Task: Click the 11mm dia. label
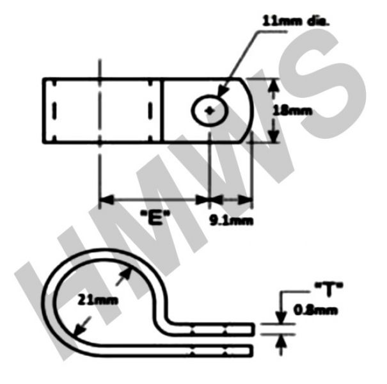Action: (296, 22)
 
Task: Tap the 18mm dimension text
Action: (292, 111)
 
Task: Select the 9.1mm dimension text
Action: (232, 220)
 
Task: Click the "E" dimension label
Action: (155, 218)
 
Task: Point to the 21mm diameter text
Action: (98, 300)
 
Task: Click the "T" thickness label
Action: (329, 289)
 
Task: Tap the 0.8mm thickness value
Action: (315, 310)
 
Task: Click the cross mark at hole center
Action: (210, 111)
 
